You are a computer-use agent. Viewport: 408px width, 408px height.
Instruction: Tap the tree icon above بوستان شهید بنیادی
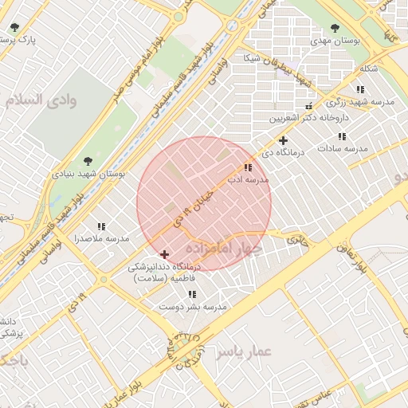coord(87,160)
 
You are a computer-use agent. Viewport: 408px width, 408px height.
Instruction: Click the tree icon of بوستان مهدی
coord(335,27)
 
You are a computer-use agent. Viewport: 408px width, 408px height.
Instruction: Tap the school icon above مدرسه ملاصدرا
coord(100,226)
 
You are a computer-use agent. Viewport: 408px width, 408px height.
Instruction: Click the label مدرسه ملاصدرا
coord(101,238)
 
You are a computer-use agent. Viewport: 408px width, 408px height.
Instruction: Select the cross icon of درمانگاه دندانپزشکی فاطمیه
coord(165,254)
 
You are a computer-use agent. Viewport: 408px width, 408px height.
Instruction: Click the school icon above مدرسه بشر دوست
coord(192,294)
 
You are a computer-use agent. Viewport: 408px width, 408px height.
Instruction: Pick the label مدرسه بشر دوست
coord(194,306)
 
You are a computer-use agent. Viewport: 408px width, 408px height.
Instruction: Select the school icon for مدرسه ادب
coord(249,168)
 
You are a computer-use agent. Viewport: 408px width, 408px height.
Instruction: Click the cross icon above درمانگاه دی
coord(282,140)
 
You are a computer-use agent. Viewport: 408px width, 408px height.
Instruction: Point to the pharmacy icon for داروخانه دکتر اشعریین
coord(309,106)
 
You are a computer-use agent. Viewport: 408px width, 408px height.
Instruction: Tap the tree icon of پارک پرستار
coord(14,27)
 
